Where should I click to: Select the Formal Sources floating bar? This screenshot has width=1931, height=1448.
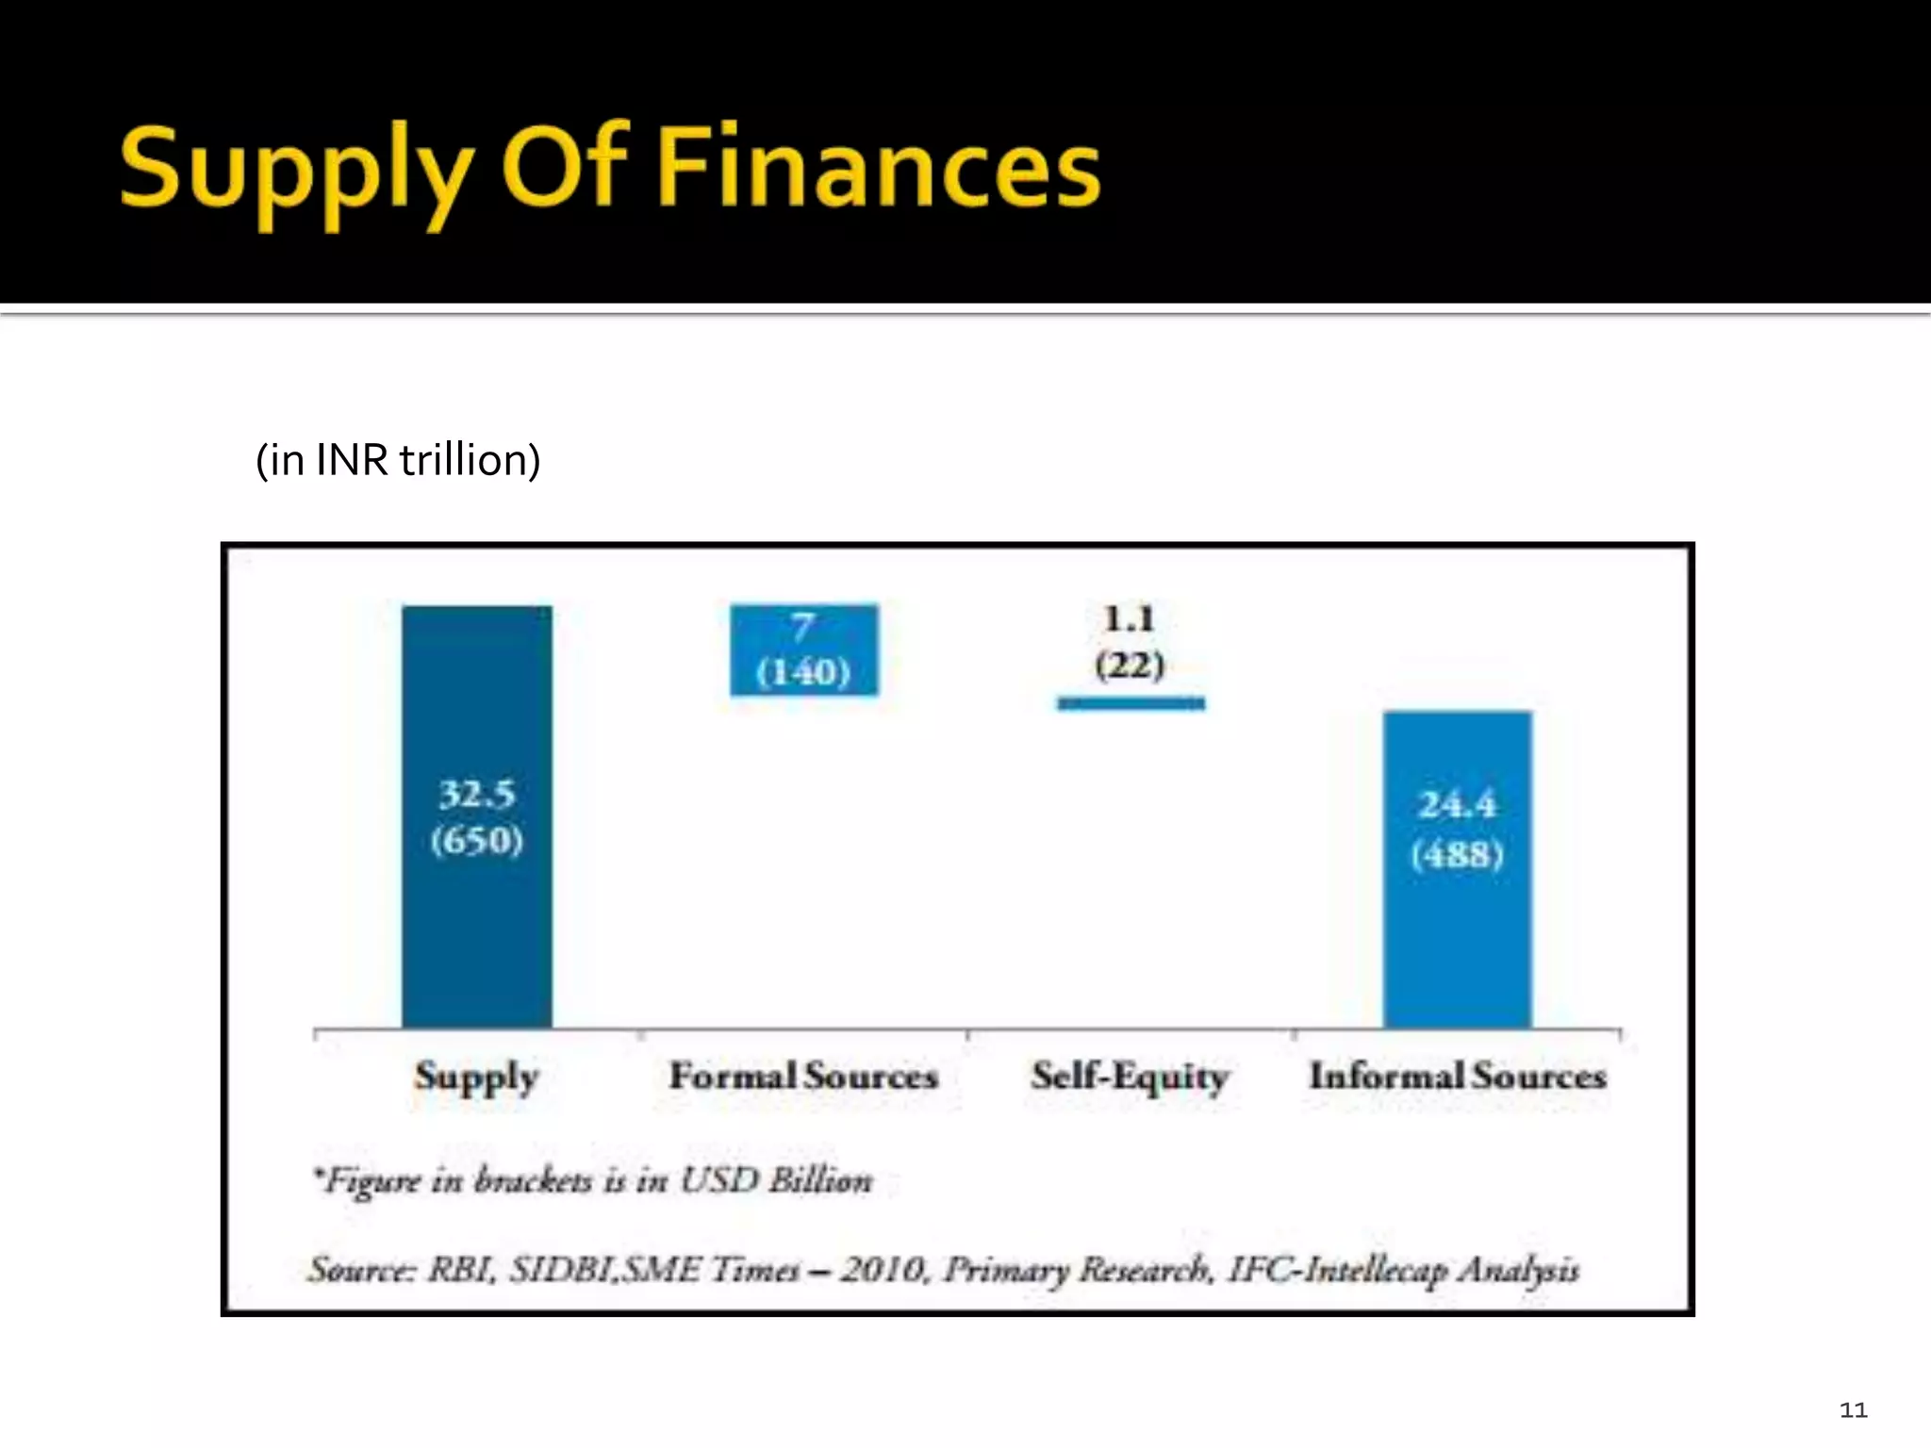tap(803, 650)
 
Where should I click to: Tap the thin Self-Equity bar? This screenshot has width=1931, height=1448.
tap(1131, 703)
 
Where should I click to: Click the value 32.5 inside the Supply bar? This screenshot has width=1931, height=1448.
tap(477, 795)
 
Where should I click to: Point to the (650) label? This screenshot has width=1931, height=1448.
tap(477, 840)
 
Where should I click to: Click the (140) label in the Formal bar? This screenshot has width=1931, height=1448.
tap(803, 672)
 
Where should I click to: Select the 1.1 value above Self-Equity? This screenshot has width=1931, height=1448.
tap(1130, 619)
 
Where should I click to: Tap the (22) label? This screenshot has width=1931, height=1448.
tap(1130, 666)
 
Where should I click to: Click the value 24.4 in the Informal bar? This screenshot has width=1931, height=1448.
tap(1457, 805)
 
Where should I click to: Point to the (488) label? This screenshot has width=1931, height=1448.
tap(1457, 855)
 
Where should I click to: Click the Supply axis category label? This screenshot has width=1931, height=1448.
tap(477, 1077)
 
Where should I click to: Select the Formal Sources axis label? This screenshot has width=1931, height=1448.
tap(803, 1076)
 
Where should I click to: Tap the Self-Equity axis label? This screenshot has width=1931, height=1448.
tap(1130, 1076)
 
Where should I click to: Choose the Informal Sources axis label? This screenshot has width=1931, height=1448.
tap(1457, 1076)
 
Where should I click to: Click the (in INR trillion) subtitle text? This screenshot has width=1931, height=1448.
tap(398, 460)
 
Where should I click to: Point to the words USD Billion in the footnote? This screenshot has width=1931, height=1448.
tap(776, 1180)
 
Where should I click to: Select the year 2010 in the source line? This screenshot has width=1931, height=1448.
tap(883, 1270)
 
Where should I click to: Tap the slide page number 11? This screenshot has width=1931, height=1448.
tap(1853, 1410)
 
